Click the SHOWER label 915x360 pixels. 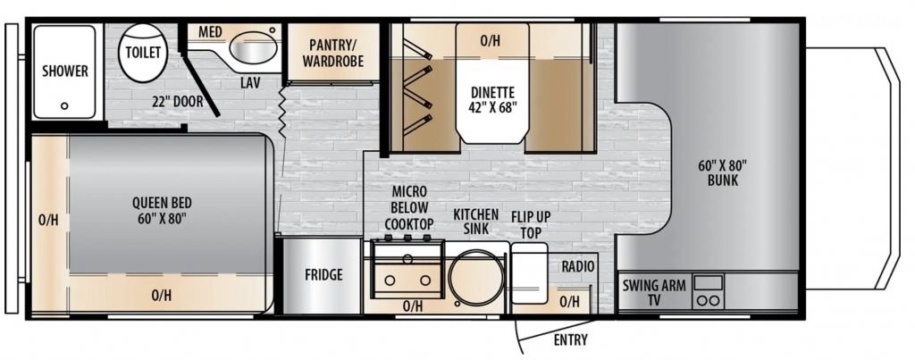click(x=64, y=71)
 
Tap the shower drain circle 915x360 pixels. click(x=64, y=105)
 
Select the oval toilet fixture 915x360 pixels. click(x=143, y=53)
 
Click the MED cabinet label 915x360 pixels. click(x=210, y=31)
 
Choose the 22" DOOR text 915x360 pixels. click(x=178, y=102)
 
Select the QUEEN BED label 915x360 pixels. click(x=162, y=211)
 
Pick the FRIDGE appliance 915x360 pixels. click(x=323, y=275)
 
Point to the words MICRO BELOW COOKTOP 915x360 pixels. click(x=409, y=208)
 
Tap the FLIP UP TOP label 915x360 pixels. click(x=531, y=224)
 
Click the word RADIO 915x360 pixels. click(x=578, y=266)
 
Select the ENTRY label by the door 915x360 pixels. click(x=571, y=339)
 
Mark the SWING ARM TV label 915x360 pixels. click(x=653, y=293)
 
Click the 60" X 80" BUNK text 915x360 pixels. click(x=722, y=172)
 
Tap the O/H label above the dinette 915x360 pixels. click(x=491, y=40)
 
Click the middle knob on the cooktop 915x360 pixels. click(x=407, y=238)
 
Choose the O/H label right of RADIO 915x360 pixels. click(x=569, y=301)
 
